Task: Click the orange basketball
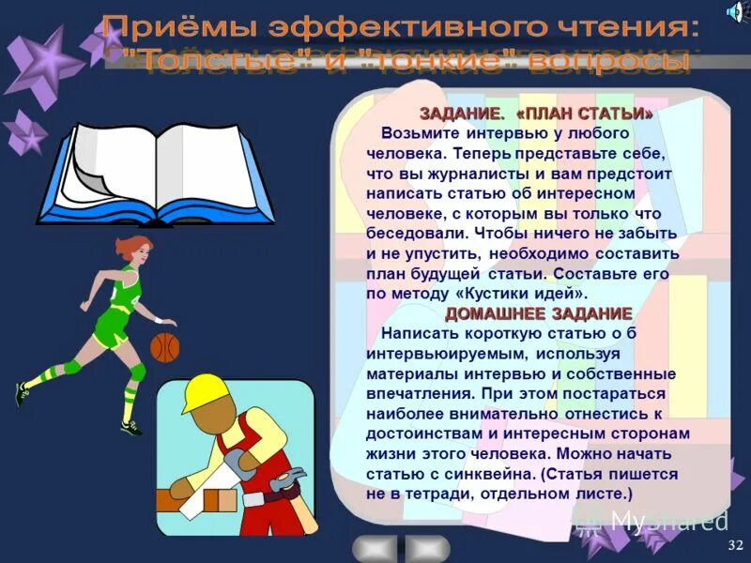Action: coord(164,348)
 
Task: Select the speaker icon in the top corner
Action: coord(735,11)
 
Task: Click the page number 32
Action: coord(734,545)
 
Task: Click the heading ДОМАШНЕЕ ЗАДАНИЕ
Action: coord(538,313)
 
